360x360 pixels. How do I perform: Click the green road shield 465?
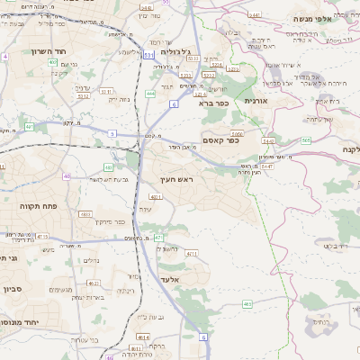pos(247,304)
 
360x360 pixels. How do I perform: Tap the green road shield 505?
pos(306,140)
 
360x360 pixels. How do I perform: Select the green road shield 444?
pos(150,93)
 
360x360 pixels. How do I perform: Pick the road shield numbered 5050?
pos(238,132)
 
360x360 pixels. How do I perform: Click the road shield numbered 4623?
pos(93,283)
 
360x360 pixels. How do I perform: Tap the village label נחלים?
pos(91,261)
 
